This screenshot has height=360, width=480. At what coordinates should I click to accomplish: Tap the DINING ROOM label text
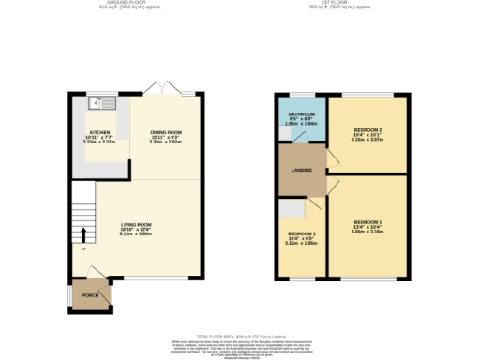click(165, 132)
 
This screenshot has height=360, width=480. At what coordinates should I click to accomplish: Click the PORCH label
click(90, 294)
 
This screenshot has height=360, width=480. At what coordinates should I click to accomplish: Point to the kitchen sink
click(97, 103)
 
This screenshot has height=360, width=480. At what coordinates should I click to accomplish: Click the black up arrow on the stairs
click(83, 233)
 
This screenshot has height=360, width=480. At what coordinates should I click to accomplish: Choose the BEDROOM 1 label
click(367, 220)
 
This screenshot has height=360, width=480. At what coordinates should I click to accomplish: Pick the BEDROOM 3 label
click(301, 232)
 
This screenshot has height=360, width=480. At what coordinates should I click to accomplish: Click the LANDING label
click(299, 169)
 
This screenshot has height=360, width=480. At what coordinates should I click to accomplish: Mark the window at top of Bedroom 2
click(367, 95)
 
